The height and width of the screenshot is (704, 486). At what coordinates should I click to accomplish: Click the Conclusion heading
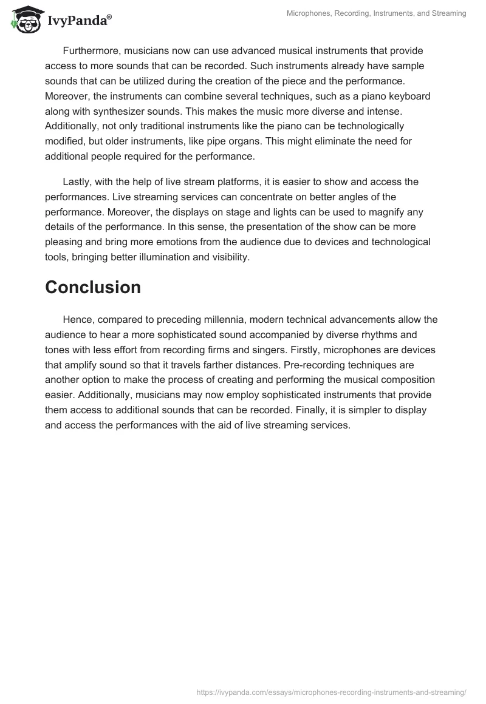93,287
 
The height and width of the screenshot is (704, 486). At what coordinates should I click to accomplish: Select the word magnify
402,211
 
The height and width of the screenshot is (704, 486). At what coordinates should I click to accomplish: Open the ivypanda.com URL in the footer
330,691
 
